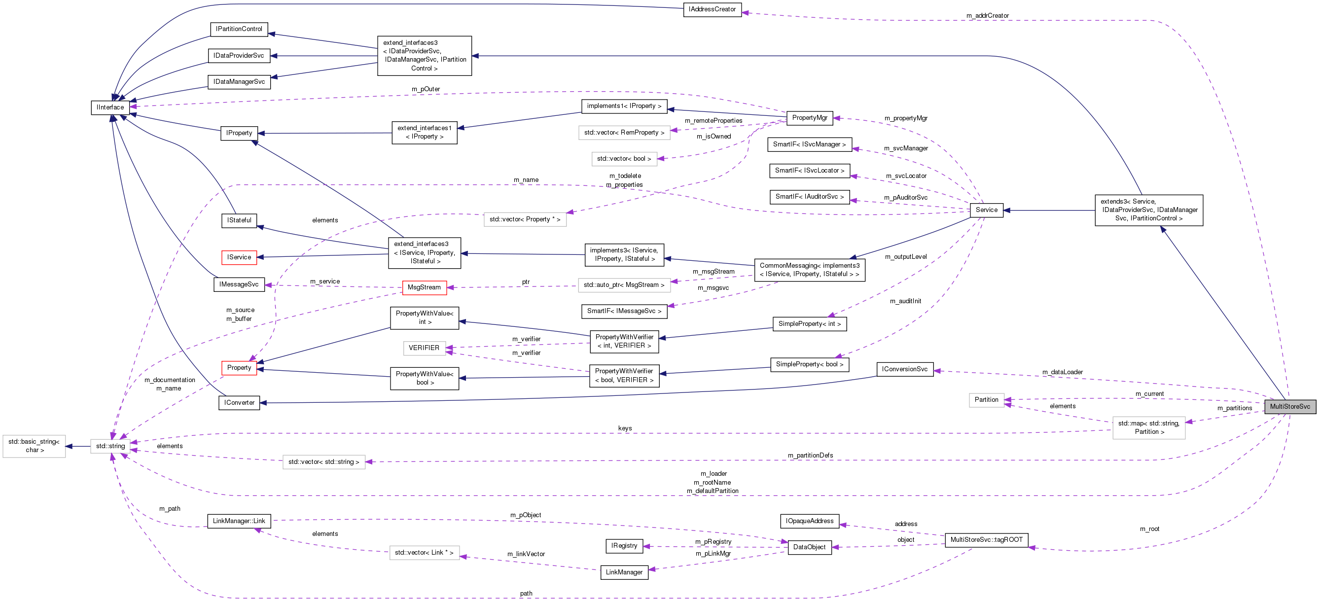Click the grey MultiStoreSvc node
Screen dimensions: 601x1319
coord(1289,406)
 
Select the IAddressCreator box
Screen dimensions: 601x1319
coord(712,9)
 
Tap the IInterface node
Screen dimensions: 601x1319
coord(110,107)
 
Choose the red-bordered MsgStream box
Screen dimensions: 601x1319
coord(424,287)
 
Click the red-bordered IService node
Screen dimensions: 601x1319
coord(239,257)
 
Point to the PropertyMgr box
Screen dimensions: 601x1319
coord(809,118)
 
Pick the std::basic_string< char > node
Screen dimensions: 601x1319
coord(34,446)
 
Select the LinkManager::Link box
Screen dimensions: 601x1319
coord(239,521)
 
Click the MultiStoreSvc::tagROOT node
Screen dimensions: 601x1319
coord(986,539)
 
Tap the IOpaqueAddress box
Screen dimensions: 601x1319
coord(809,521)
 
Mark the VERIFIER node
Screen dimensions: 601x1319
coord(424,348)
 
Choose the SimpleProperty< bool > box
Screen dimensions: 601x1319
coord(809,364)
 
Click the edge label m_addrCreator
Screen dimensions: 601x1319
coord(987,16)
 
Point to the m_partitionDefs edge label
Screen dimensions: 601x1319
coord(810,456)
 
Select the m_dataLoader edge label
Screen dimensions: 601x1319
coord(1062,372)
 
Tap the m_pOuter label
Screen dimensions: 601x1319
coord(426,89)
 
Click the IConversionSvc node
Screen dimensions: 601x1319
coord(904,369)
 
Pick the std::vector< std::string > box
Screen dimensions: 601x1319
coord(323,462)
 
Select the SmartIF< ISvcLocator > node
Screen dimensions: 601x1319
coord(809,171)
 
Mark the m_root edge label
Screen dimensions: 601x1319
coord(1149,529)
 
